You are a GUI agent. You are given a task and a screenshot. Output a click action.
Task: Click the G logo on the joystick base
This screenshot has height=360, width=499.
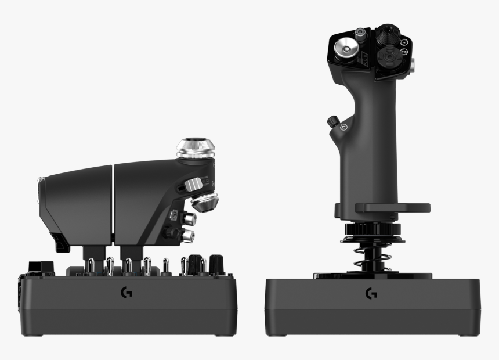click(x=371, y=294)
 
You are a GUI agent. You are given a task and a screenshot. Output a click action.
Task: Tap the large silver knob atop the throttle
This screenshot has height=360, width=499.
click(x=196, y=148)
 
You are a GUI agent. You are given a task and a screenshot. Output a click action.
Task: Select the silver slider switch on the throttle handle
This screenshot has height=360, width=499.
click(x=194, y=185)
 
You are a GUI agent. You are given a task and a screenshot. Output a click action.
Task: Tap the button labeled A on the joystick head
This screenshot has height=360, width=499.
click(x=361, y=33)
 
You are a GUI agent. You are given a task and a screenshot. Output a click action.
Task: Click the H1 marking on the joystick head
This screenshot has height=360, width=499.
click(x=404, y=42)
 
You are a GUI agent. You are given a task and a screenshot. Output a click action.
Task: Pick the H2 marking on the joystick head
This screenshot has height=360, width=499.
click(x=404, y=52)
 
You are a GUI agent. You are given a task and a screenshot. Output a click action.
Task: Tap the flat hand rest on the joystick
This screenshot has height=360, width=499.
click(x=392, y=207)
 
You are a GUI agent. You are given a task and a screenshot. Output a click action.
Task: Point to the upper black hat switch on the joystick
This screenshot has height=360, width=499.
click(x=385, y=34)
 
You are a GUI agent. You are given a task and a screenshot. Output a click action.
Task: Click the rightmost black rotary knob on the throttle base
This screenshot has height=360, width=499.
click(x=216, y=264)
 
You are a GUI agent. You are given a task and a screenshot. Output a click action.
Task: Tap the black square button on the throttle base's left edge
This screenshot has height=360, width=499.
click(x=36, y=267)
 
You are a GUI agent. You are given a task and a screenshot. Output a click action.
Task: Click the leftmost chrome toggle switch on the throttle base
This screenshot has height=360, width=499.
click(x=91, y=266)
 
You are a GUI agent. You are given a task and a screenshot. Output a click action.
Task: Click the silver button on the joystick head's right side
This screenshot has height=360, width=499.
click(x=413, y=67)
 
